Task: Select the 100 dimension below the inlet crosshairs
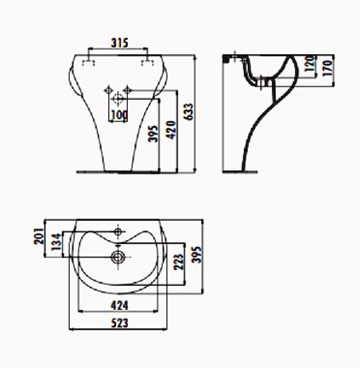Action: pyautogui.click(x=119, y=115)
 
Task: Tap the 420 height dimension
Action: pyautogui.click(x=171, y=131)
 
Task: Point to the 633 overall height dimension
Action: pyautogui.click(x=189, y=112)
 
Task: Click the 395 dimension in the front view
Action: pyautogui.click(x=154, y=133)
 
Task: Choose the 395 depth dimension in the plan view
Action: pyautogui.click(x=196, y=254)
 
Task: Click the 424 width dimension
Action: pyautogui.click(x=119, y=305)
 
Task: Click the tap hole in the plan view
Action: pyautogui.click(x=118, y=231)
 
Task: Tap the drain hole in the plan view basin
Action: pyautogui.click(x=118, y=256)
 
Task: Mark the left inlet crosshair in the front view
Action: pyautogui.click(x=109, y=90)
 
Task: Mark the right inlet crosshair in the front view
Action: pyautogui.click(x=127, y=90)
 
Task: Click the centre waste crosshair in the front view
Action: pyautogui.click(x=118, y=98)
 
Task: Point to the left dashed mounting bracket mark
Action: pyautogui.click(x=88, y=62)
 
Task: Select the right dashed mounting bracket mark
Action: pyautogui.click(x=148, y=62)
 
